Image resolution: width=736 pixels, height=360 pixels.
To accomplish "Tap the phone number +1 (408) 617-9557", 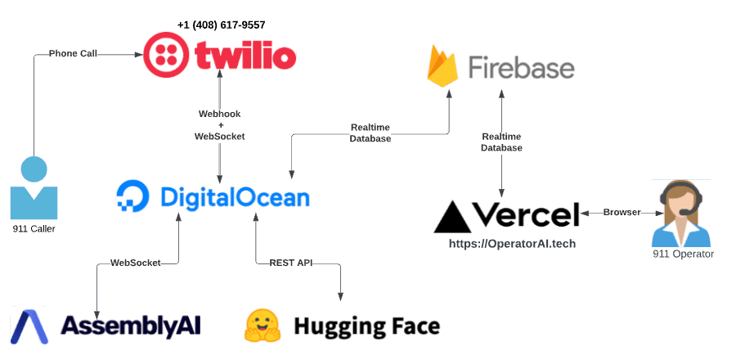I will (221, 25).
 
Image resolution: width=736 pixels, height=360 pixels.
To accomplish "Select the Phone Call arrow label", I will (73, 53).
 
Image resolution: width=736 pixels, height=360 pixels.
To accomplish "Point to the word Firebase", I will (521, 68).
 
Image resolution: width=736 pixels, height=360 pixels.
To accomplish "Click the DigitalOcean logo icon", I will (132, 196).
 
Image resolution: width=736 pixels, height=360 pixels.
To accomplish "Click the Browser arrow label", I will (622, 213).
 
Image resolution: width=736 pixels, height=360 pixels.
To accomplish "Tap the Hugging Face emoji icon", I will (263, 326).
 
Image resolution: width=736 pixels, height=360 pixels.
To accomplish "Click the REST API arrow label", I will (291, 263).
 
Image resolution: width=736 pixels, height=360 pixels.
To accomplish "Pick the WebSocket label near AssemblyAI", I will (135, 263).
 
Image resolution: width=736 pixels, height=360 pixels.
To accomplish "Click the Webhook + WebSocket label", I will (219, 124).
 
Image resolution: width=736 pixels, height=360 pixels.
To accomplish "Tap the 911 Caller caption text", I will (34, 229).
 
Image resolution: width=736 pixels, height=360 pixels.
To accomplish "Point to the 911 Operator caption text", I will (683, 254).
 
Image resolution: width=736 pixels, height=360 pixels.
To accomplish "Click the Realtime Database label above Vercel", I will (501, 142).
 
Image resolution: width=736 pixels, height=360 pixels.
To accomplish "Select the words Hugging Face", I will (366, 326).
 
